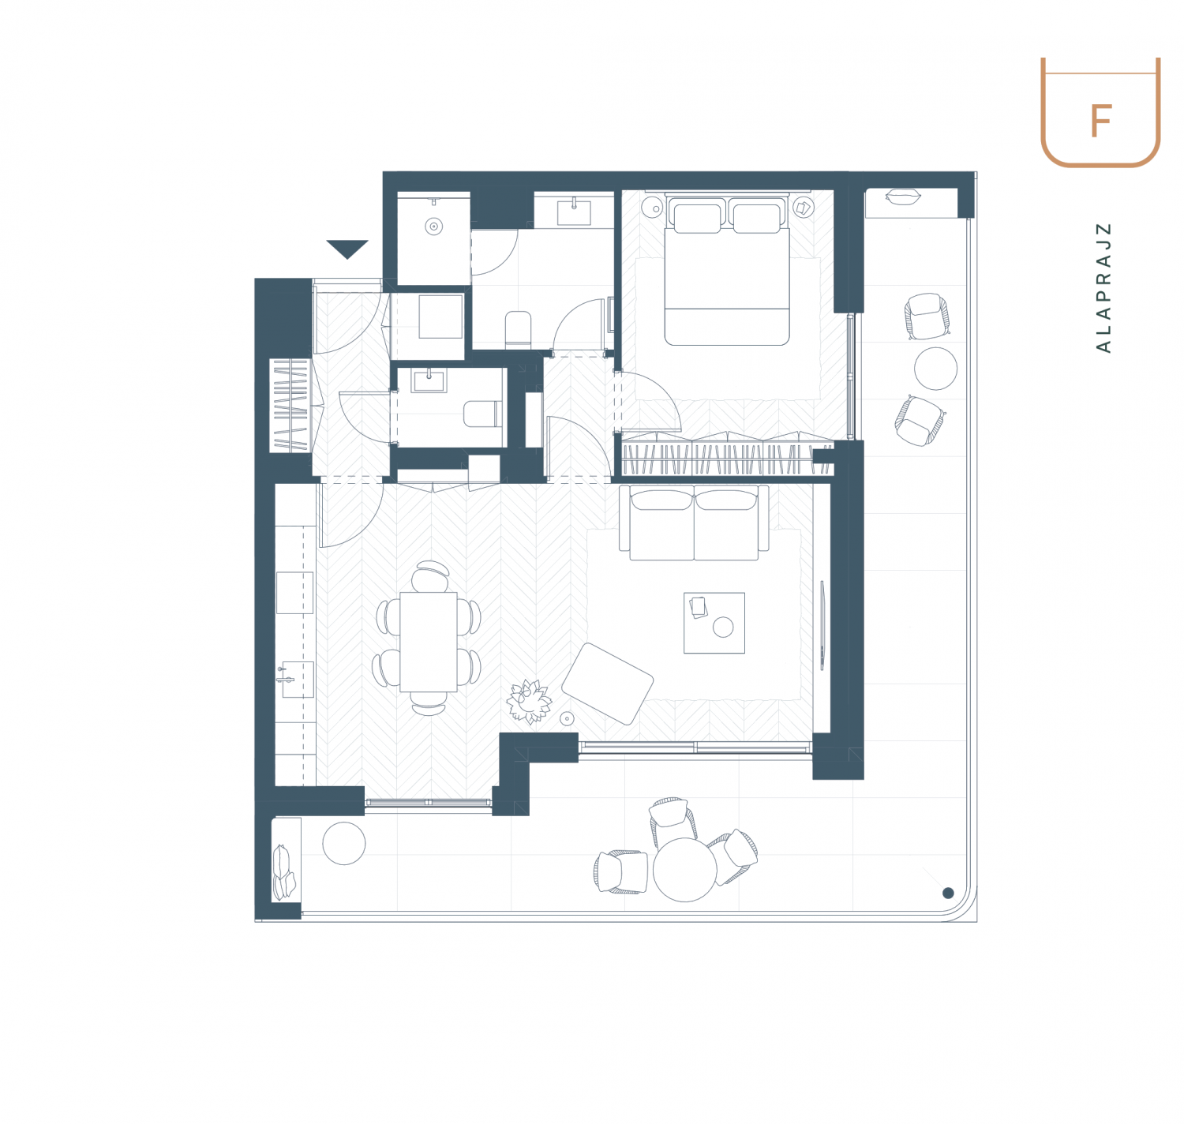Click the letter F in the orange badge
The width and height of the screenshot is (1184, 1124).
[x=1100, y=121]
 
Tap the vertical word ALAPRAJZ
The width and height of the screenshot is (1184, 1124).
[x=1103, y=287]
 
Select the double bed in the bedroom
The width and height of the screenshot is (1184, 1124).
[x=726, y=270]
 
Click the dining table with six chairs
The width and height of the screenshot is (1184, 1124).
[x=428, y=642]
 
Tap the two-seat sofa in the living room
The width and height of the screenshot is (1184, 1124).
[x=694, y=523]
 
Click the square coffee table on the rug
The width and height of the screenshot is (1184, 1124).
[x=714, y=623]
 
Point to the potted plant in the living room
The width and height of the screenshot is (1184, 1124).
[x=529, y=701]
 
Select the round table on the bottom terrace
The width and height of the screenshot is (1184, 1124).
[x=684, y=869]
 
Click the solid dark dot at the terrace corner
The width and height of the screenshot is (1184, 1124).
[x=948, y=893]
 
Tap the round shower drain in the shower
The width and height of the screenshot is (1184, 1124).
[x=433, y=227]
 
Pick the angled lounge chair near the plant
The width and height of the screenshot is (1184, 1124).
[x=607, y=684]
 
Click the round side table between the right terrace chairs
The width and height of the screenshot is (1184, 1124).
[x=935, y=369]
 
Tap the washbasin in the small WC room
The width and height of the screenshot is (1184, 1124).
[x=429, y=380]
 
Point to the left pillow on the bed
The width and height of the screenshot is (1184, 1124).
[x=698, y=219]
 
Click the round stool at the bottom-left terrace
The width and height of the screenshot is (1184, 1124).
[x=344, y=844]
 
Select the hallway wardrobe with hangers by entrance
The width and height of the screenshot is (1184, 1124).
[x=291, y=405]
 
